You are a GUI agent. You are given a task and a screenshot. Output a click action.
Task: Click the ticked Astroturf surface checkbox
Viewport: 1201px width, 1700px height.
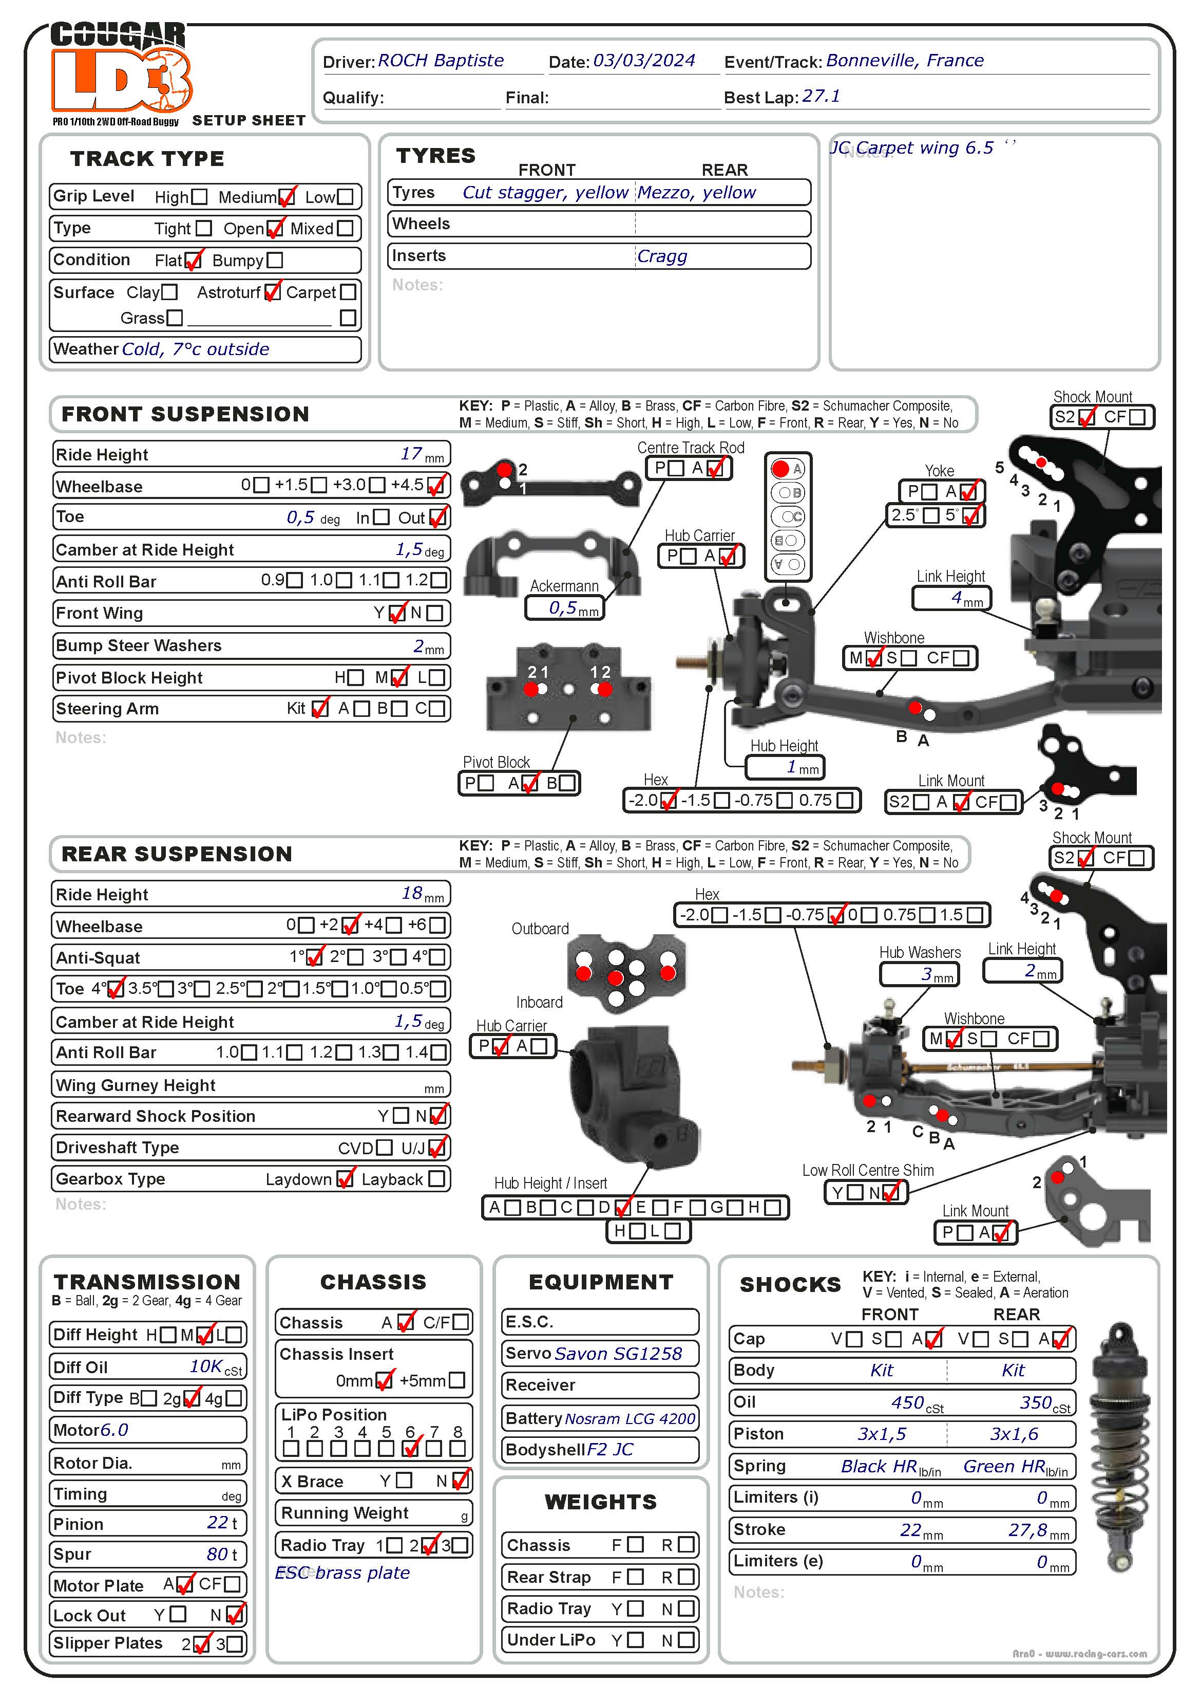(272, 292)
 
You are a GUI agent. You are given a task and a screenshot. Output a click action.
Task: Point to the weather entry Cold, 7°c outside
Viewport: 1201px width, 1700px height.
(195, 349)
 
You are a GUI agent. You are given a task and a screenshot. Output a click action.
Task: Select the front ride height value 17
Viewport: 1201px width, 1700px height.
(411, 453)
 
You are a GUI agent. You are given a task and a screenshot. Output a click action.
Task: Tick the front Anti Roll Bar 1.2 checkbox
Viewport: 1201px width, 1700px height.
(439, 581)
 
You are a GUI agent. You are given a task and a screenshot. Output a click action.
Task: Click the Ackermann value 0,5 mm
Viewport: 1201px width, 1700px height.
(564, 608)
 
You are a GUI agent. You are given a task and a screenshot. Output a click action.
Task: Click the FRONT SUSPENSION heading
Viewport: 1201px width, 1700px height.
(185, 414)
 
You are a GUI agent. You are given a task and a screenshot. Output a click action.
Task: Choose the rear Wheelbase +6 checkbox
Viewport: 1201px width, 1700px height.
(437, 926)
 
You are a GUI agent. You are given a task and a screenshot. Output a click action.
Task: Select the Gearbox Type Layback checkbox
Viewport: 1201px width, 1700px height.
(436, 1179)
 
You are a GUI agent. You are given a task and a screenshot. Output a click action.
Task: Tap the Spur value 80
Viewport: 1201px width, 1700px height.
(217, 1554)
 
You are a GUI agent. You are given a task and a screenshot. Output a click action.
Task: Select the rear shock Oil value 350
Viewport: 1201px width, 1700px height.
(1035, 1402)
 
